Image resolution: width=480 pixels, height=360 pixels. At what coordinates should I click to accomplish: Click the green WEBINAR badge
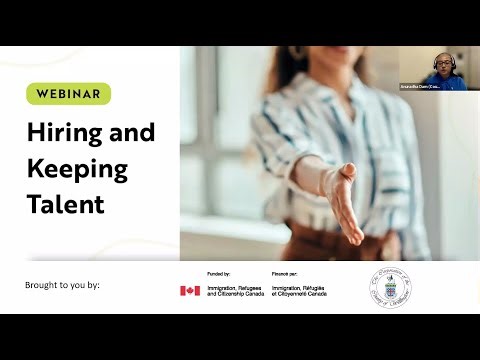[x=68, y=94]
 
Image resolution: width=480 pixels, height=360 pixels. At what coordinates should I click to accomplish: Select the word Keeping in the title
[x=76, y=167]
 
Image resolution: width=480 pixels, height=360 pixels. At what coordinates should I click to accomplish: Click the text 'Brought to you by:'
[x=63, y=285]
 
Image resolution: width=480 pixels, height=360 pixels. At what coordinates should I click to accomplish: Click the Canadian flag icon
[x=190, y=291]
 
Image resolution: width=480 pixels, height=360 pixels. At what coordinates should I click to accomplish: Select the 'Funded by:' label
[x=220, y=273]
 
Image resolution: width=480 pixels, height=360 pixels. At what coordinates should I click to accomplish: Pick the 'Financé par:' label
[x=287, y=273]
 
